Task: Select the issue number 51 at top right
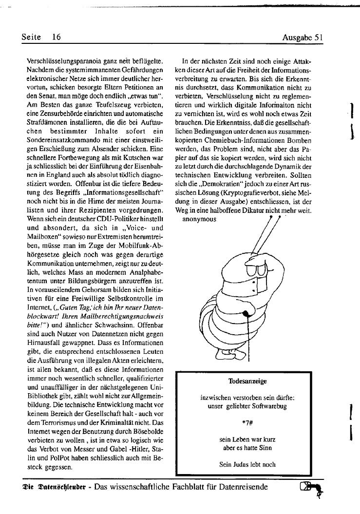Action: (x=320, y=37)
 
